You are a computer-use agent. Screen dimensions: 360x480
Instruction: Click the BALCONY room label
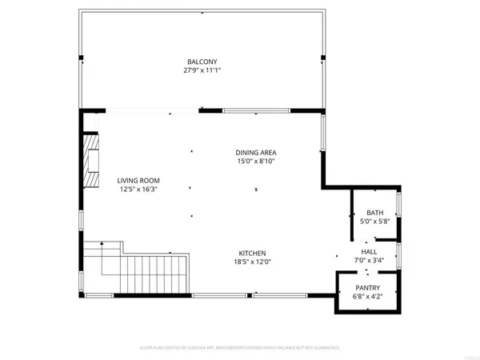202,62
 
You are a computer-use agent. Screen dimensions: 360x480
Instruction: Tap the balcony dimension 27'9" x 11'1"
202,70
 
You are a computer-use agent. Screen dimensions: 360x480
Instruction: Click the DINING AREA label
256,152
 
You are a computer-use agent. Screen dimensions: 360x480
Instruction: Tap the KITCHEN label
251,253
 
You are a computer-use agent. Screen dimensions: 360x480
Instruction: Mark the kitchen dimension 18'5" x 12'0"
251,262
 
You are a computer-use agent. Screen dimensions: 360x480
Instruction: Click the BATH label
375,212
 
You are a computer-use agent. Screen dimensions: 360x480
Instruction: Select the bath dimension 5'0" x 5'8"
375,221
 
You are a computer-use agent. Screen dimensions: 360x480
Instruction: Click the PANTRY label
367,288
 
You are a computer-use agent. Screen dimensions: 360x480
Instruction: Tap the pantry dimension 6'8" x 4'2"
367,297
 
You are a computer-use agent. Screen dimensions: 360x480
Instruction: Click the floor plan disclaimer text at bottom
240,348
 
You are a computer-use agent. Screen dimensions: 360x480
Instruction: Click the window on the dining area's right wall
322,136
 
